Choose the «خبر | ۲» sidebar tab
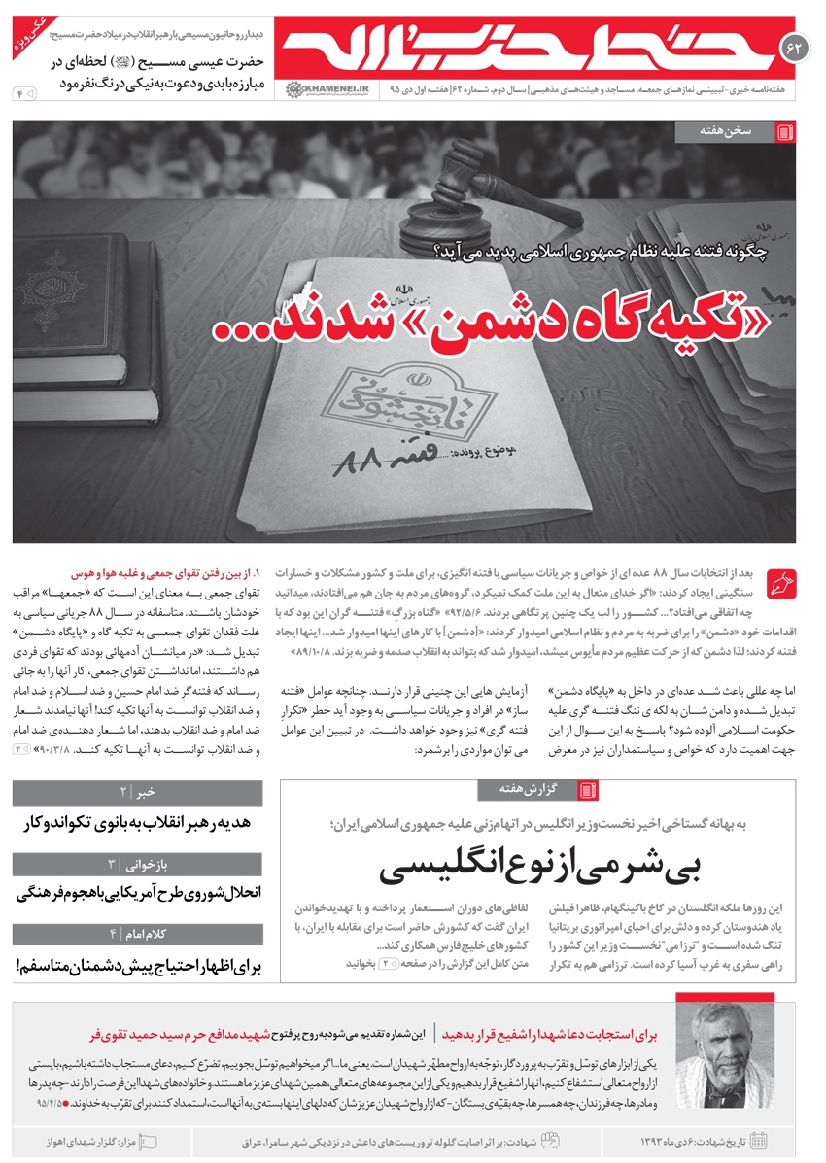(137, 792)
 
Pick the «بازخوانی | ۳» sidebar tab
(137, 863)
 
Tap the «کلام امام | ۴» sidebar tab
(137, 934)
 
